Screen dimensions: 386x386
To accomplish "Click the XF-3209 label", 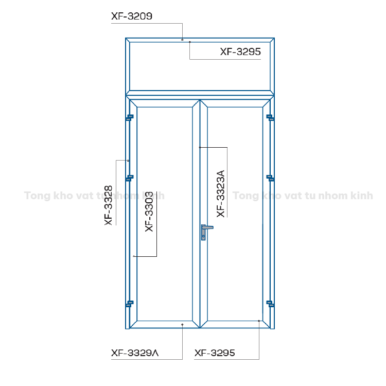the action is click(x=132, y=16).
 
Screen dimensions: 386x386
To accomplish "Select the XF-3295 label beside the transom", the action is click(x=240, y=51).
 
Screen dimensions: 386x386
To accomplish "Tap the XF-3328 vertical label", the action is click(x=108, y=205).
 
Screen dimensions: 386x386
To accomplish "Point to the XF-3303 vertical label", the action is click(x=149, y=212).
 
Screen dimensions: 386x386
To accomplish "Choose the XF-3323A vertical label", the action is click(x=221, y=194).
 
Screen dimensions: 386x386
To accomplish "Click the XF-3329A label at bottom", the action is click(x=135, y=353).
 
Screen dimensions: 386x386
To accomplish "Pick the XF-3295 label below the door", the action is click(x=215, y=353).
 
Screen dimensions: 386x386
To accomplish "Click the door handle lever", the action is click(x=207, y=227).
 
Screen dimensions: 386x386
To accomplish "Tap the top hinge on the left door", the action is click(x=130, y=118).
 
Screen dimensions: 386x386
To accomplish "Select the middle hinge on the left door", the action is click(x=130, y=178).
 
